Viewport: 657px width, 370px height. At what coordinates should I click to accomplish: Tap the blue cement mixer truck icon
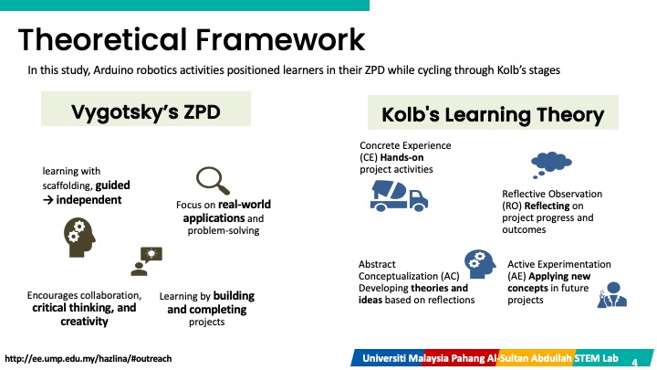tap(399, 196)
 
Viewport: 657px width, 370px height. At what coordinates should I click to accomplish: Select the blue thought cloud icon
tap(550, 164)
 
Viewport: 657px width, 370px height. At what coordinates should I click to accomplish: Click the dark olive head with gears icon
tap(79, 237)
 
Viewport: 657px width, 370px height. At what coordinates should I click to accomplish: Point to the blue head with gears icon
tap(480, 264)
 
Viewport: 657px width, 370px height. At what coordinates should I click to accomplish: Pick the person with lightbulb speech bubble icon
tap(146, 261)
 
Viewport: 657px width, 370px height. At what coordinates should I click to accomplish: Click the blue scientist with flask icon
tap(611, 295)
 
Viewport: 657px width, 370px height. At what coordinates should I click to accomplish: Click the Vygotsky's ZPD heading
tap(146, 111)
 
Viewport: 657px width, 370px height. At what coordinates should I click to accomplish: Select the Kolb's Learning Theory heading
tap(493, 114)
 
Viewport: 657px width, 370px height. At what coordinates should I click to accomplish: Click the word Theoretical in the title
tap(102, 40)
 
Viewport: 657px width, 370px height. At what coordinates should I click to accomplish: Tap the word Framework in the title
tap(280, 40)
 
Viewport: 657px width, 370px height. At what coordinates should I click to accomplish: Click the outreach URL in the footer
tap(88, 359)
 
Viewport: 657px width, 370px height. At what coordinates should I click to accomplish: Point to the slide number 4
tap(634, 362)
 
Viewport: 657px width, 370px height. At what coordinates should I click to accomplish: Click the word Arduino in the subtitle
tap(110, 70)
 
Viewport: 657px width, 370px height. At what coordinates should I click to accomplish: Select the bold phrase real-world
tap(245, 205)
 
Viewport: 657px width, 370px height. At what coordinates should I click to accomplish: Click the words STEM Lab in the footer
tap(596, 358)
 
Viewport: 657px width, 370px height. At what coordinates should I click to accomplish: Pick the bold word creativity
tap(84, 322)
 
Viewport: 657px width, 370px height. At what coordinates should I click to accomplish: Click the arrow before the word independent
tap(47, 200)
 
